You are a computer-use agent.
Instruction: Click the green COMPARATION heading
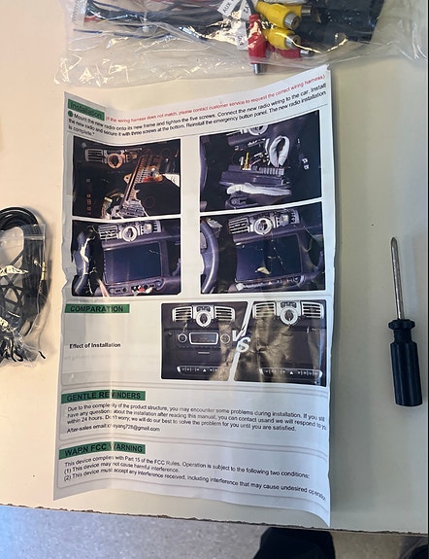[x=97, y=309]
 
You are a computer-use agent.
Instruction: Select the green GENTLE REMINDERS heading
[x=104, y=397]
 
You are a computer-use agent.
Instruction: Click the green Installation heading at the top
[x=85, y=109]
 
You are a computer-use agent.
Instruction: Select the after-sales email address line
[x=114, y=428]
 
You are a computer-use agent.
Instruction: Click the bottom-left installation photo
[x=126, y=256]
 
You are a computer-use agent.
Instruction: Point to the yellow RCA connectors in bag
[x=278, y=25]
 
